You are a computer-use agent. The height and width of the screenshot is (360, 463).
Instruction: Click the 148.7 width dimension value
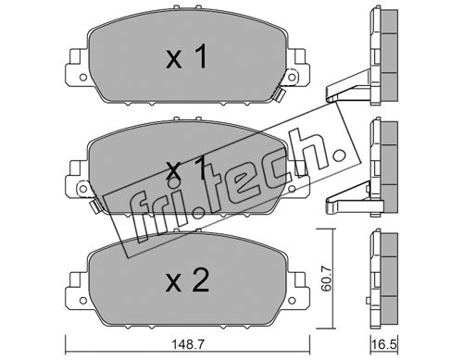(x=188, y=344)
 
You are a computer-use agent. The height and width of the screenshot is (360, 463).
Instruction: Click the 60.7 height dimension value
(x=326, y=279)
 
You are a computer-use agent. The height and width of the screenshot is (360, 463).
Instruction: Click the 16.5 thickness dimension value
(x=384, y=344)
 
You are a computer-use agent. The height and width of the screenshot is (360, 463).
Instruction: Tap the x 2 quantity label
(x=187, y=280)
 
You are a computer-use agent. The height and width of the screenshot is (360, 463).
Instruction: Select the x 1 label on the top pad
(x=186, y=56)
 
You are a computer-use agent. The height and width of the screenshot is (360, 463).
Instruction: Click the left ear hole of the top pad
(x=82, y=77)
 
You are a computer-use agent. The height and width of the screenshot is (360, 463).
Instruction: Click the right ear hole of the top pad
(x=292, y=77)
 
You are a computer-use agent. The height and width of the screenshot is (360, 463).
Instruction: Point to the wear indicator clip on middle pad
(x=94, y=205)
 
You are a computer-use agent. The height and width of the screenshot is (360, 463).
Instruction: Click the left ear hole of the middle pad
(x=82, y=188)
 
